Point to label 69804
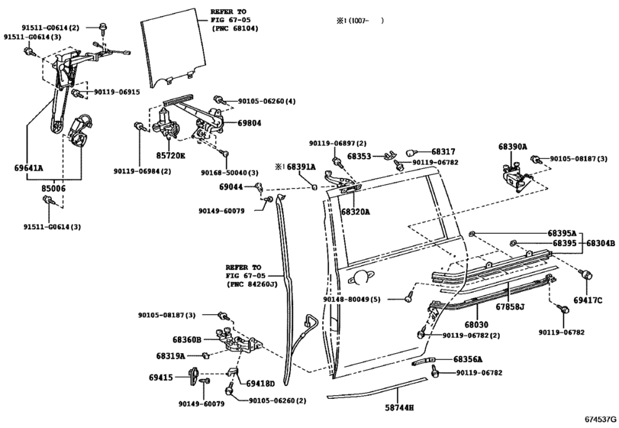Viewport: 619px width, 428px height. (x=249, y=122)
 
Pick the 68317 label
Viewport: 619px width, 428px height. (x=442, y=152)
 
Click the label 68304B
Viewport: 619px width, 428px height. (x=600, y=243)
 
